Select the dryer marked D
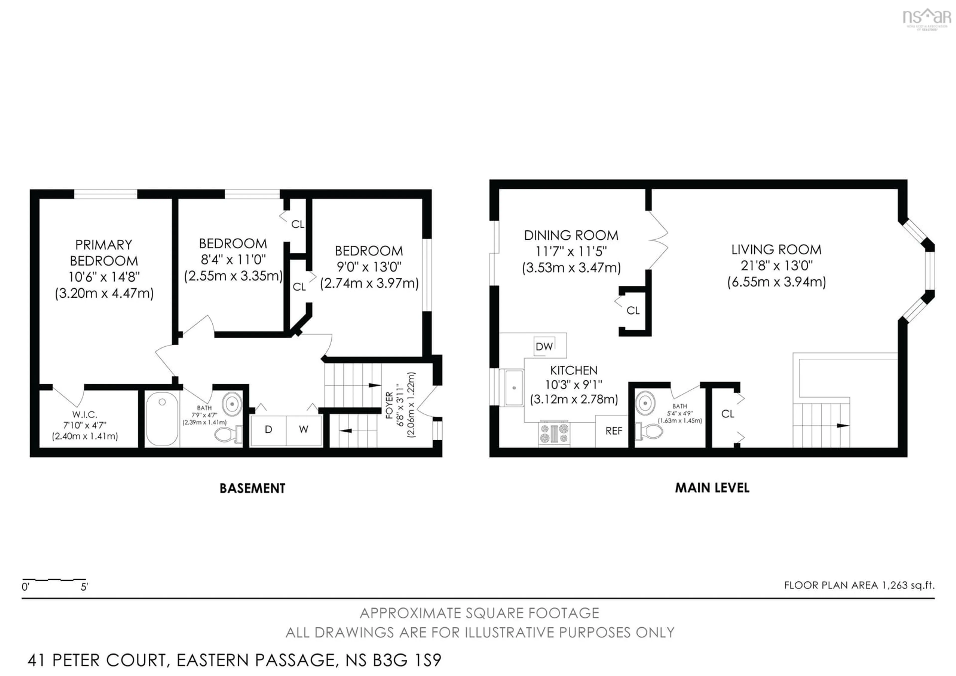269,429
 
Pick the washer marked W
303,429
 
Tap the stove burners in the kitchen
554,433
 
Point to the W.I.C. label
85,414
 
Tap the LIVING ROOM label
776,250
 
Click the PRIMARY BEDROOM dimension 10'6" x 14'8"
104,277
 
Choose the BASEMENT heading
252,488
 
